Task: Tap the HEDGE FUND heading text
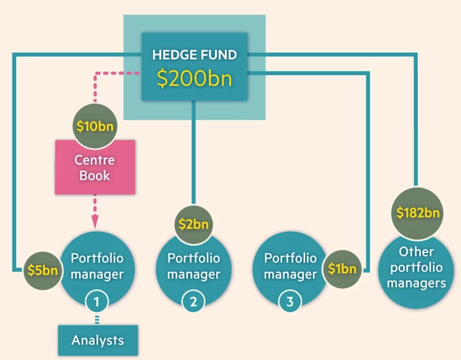194,54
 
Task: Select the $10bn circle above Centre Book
95,126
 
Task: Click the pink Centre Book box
95,167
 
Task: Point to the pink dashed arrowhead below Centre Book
95,221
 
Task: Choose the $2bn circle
193,224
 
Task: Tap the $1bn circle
342,269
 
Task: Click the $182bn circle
418,212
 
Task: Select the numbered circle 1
95,302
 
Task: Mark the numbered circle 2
193,302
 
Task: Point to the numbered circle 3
290,302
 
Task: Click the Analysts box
98,340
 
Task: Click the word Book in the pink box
95,176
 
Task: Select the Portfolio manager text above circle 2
193,266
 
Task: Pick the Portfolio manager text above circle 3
290,266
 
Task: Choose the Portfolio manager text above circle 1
97,265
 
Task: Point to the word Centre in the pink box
95,160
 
